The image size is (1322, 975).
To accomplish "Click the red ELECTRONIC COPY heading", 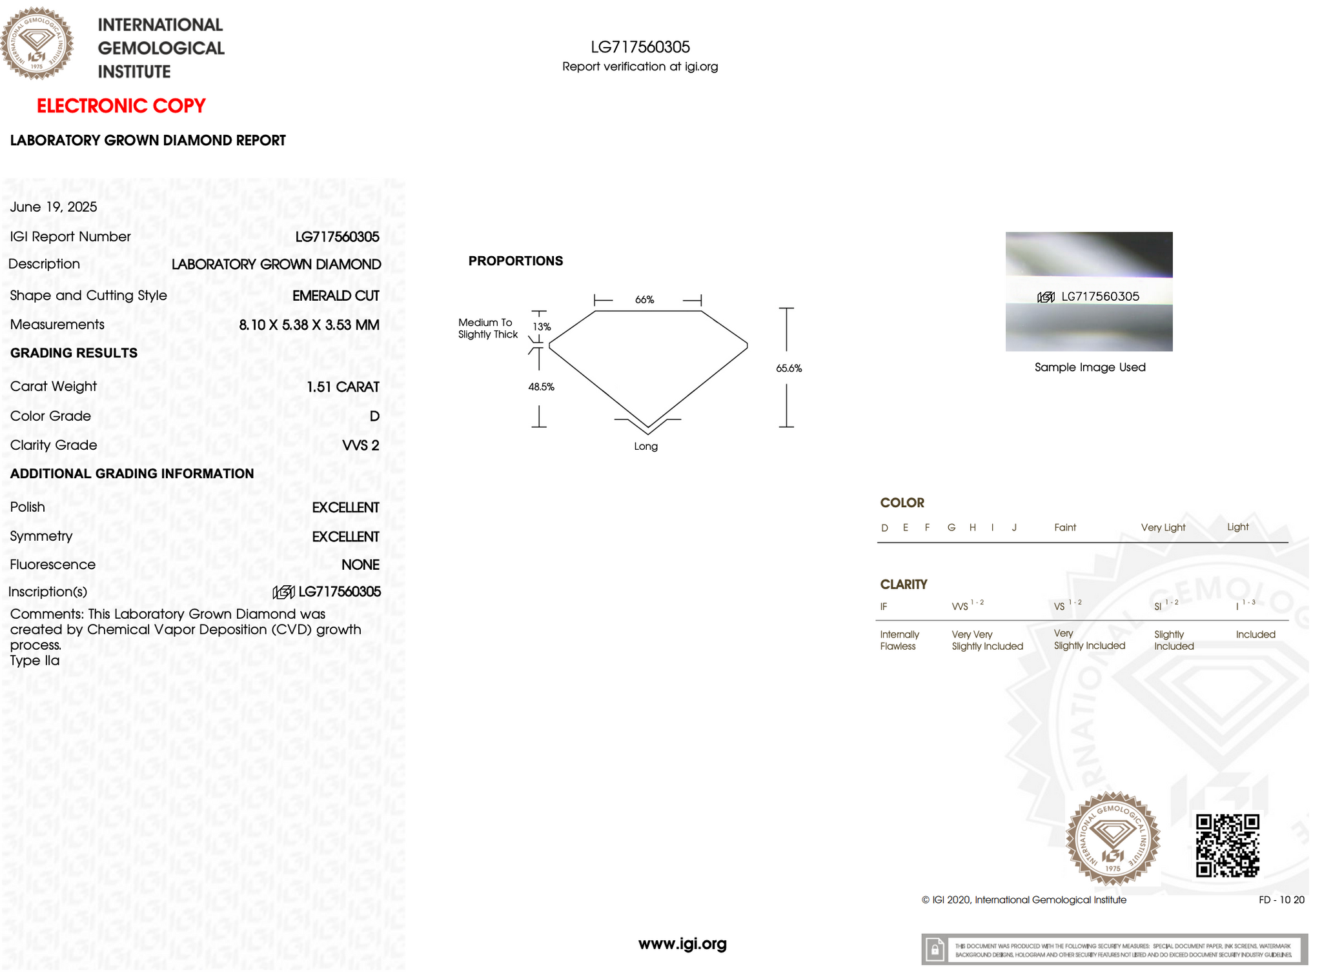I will pos(121,106).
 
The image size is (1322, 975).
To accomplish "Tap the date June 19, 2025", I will pos(54,207).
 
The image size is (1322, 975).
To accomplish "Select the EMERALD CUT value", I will pos(336,296).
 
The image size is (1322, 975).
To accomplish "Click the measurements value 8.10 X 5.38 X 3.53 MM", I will pos(309,325).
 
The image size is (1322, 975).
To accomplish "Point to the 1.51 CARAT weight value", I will pos(342,387).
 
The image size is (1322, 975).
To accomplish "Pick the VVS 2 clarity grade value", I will pos(360,445).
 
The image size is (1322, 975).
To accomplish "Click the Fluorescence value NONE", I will pos(360,565).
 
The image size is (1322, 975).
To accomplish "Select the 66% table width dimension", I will pos(644,299).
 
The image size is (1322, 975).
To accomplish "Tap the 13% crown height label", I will pos(542,327).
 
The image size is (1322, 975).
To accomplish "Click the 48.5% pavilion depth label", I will pos(541,387).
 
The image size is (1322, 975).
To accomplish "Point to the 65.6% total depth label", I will pos(789,368).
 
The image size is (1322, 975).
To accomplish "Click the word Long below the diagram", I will pos(646,447).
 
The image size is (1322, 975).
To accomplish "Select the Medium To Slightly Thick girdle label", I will pos(487,328).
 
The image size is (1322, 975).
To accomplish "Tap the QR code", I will pos(1227,845).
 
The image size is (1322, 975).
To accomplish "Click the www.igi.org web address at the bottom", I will pos(682,944).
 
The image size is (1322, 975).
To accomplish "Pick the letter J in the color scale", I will pos(1014,528).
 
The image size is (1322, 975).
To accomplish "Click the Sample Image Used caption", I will pos(1090,367).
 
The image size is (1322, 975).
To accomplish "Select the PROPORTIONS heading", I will pos(515,261).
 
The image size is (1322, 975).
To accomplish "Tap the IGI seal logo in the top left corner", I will pos(37,43).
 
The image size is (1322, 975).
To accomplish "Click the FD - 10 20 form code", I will pos(1281,900).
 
